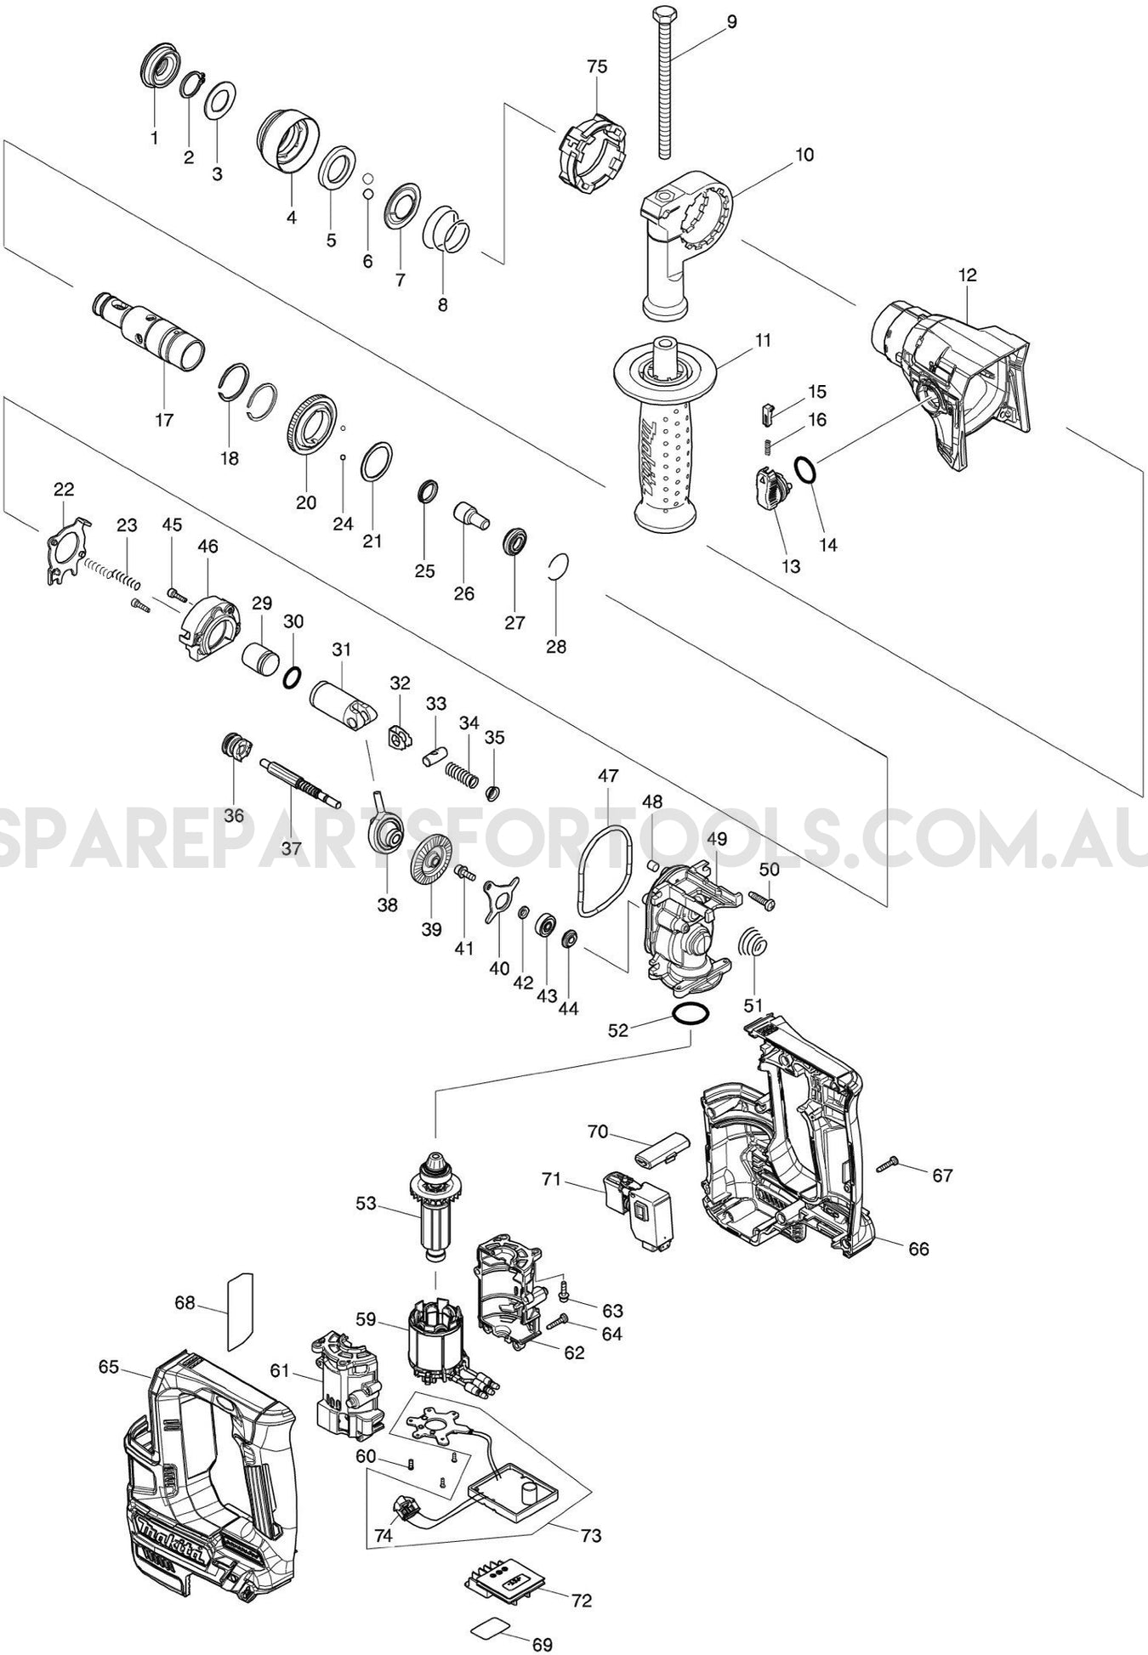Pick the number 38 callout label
387,905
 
